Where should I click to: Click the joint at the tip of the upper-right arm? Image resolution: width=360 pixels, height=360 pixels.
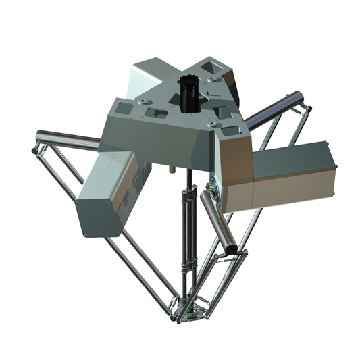pos(307,107)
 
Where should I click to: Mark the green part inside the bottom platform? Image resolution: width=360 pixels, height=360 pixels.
pos(193,311)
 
